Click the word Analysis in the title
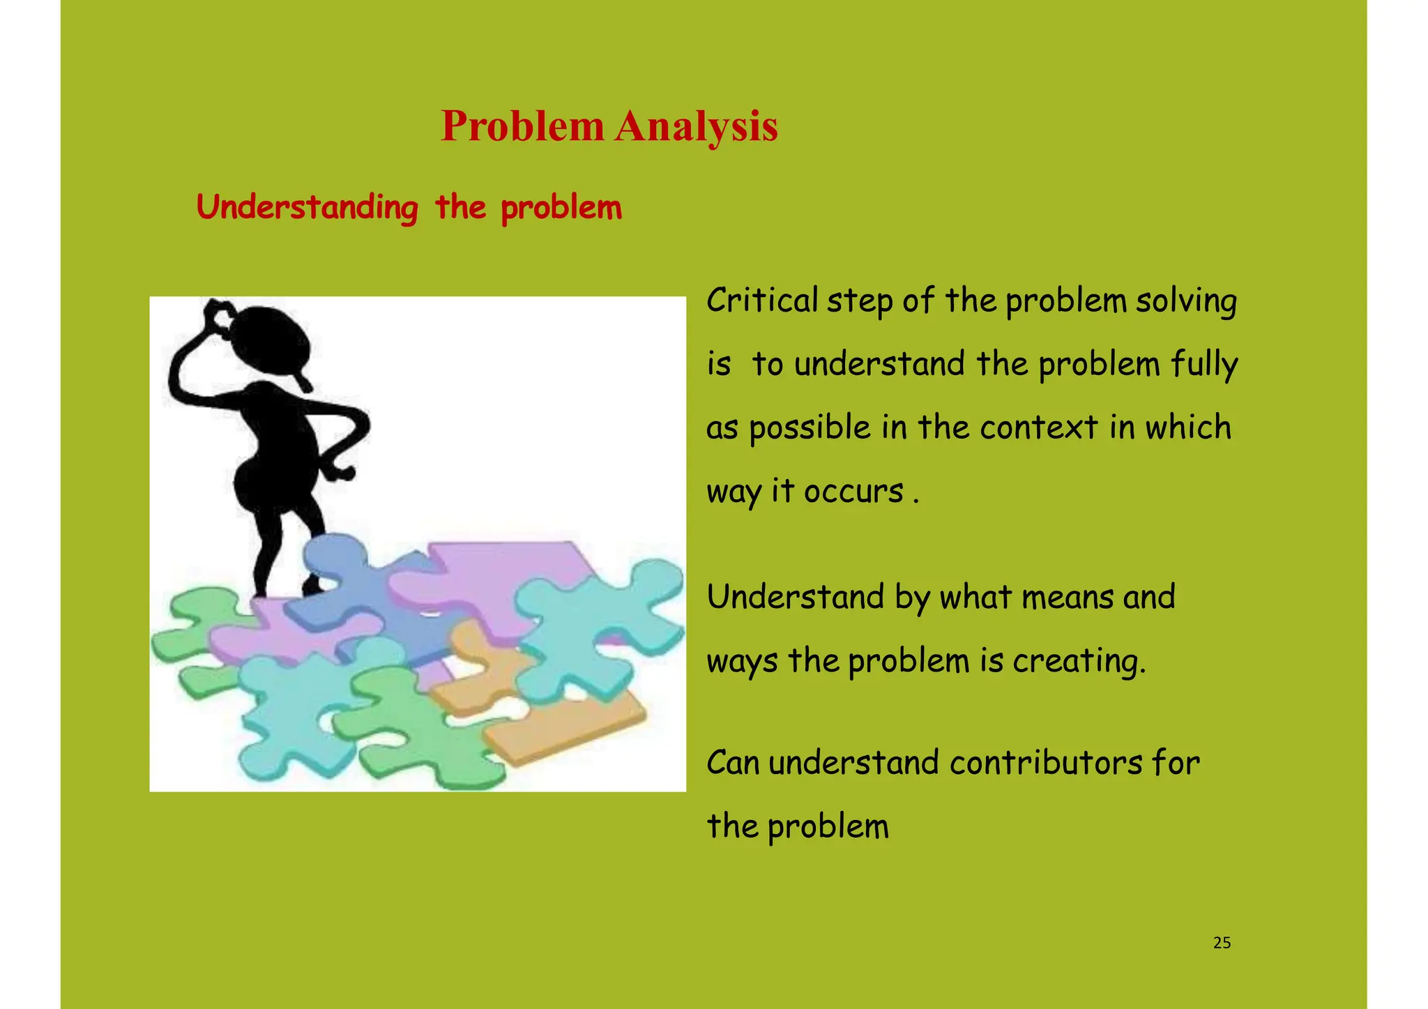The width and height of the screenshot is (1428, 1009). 695,127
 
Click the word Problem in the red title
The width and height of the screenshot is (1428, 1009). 522,127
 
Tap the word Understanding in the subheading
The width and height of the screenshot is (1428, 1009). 307,208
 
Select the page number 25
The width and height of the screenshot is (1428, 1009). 1222,943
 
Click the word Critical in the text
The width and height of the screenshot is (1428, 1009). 761,301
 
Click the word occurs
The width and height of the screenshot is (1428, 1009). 853,491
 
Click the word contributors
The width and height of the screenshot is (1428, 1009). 1045,763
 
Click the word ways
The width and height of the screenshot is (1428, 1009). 742,662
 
